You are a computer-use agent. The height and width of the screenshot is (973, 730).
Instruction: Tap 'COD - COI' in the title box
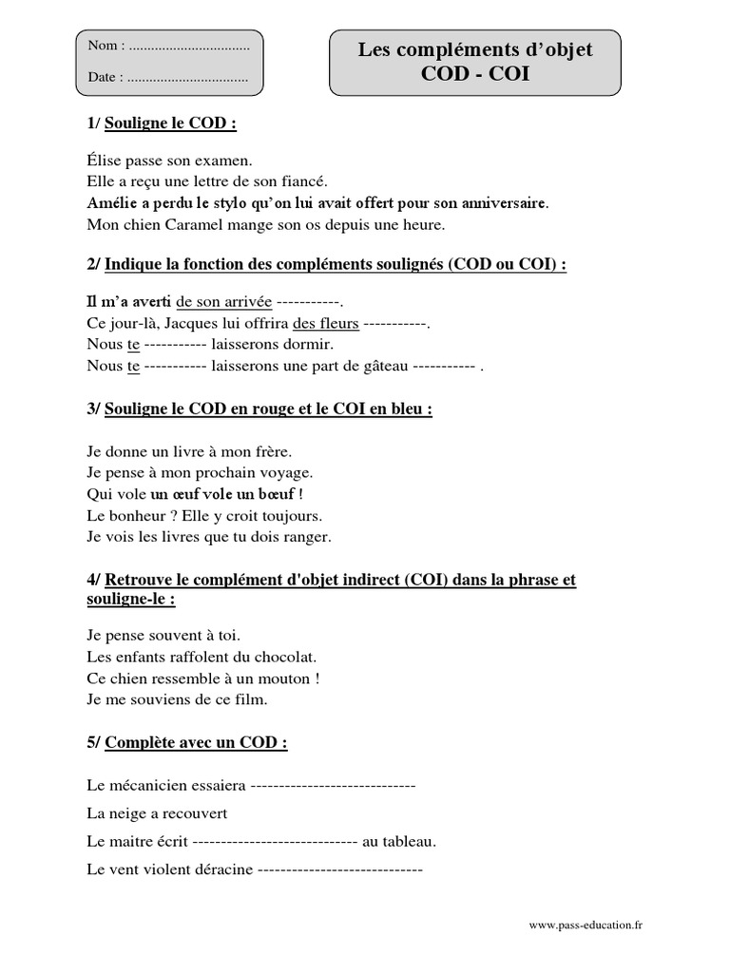(x=474, y=74)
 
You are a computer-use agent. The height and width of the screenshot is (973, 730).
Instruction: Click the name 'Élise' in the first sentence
(x=104, y=162)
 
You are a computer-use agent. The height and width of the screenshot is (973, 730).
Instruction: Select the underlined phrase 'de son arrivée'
(x=224, y=301)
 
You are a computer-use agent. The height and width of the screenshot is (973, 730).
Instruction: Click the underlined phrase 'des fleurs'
(x=326, y=323)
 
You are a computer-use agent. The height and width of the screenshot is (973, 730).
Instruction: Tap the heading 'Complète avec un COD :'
(x=196, y=743)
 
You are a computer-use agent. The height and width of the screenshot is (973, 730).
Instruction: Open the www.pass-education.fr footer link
(x=586, y=925)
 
